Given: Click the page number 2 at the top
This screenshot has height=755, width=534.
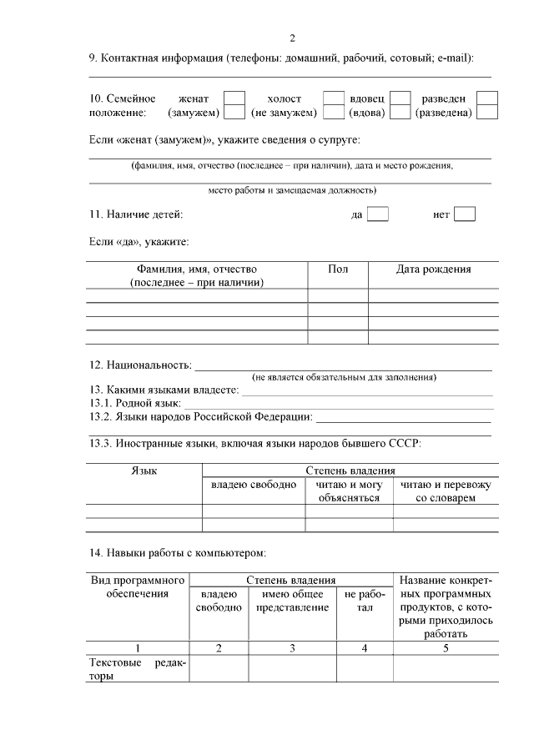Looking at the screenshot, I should coord(291,38).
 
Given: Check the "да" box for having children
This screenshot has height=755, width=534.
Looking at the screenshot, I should coord(378,214).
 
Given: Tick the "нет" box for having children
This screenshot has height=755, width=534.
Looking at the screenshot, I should coord(465,214).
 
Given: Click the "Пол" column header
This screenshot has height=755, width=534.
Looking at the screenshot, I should coord(338,269).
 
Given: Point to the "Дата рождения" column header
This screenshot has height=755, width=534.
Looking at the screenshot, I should coord(433,269).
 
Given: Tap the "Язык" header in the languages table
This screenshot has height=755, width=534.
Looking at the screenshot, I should coord(144,471).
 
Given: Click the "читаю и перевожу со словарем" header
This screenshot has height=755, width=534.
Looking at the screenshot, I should coord(446,491).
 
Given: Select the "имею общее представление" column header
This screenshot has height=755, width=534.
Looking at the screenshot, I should coord(291,601).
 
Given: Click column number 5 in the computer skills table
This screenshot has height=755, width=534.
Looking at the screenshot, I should coord(446,647).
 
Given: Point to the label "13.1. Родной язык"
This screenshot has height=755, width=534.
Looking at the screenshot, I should coord(134,403).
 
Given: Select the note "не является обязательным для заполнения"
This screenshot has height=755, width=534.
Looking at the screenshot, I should coord(344,377).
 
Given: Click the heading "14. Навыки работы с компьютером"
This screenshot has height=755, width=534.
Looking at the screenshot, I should coord(176,552).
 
